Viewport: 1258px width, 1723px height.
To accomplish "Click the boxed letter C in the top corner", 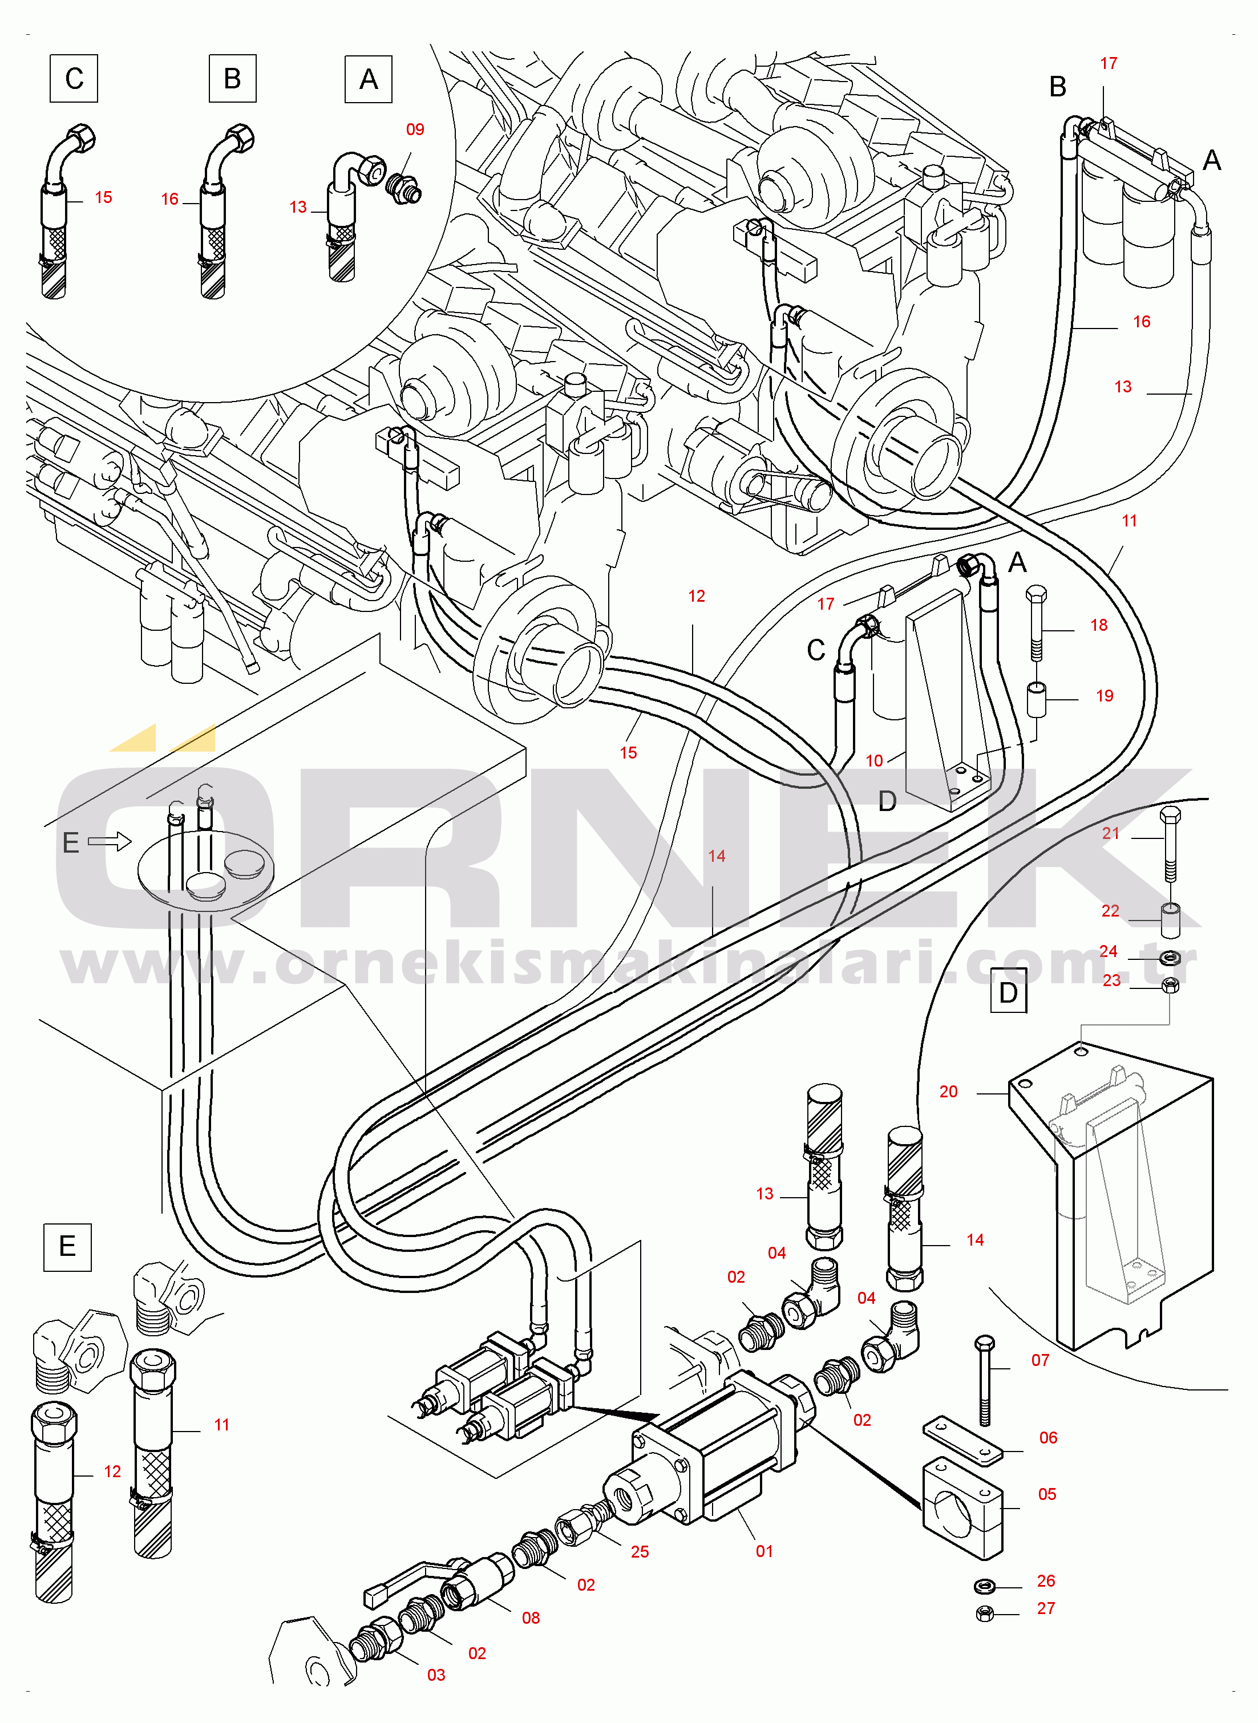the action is point(74,78).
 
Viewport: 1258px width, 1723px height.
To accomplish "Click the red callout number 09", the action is point(415,129).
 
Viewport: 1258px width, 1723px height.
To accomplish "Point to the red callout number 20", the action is point(948,1091).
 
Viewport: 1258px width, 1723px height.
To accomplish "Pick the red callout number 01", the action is point(764,1551).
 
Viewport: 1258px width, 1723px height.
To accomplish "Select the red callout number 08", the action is point(531,1618).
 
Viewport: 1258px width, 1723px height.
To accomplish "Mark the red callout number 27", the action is point(1046,1608).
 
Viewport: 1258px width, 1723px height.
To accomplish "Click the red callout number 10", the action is point(874,760).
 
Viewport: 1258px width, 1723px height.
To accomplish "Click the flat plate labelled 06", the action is point(963,1441).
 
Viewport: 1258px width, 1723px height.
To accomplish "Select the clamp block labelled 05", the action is point(962,1507).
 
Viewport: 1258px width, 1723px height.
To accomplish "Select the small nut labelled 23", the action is point(1171,986).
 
